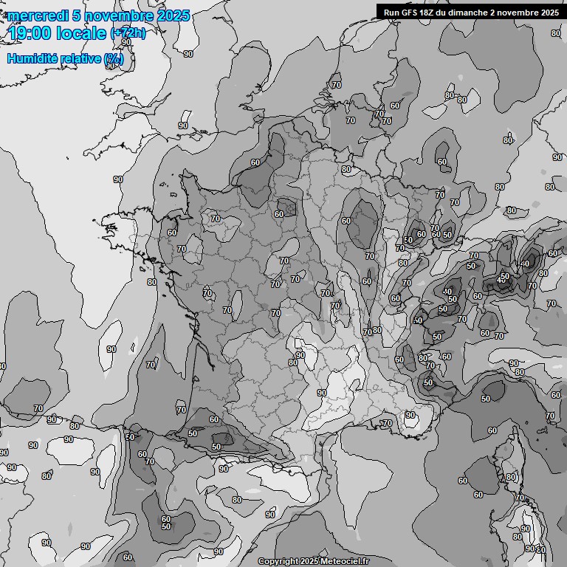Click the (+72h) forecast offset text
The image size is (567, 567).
click(x=128, y=33)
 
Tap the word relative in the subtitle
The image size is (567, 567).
click(x=85, y=58)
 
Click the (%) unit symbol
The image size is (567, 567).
click(x=114, y=58)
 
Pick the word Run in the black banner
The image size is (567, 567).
click(x=392, y=12)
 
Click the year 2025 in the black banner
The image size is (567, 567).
click(x=547, y=12)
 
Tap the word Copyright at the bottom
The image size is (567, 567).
click(x=278, y=562)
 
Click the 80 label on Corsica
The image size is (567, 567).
click(x=510, y=478)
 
